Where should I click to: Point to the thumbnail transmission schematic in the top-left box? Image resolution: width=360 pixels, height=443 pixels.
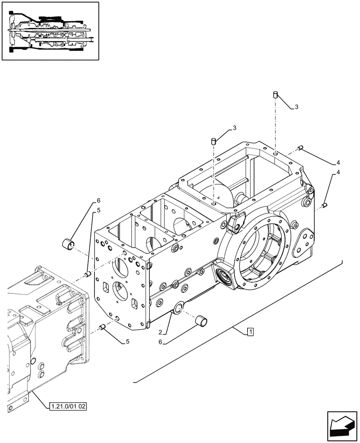(50, 31)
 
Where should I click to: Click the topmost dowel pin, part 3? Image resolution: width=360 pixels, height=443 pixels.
(275, 95)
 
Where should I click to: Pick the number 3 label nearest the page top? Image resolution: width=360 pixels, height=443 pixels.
(296, 107)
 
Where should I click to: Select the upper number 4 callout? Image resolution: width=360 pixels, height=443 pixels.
(338, 162)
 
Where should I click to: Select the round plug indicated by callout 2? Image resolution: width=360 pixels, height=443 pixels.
(179, 308)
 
